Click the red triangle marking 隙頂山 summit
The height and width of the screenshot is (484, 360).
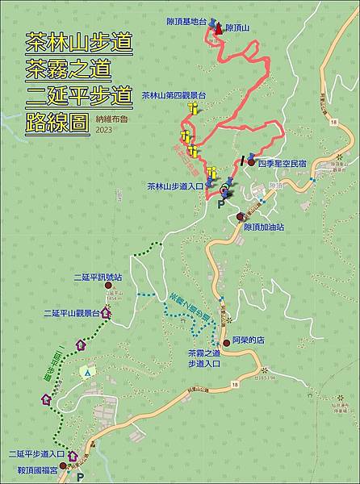click(x=218, y=28)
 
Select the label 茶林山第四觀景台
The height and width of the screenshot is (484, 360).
click(x=174, y=95)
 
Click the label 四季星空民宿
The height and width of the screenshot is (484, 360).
click(x=282, y=163)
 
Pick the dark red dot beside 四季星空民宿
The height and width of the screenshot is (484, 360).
click(x=251, y=163)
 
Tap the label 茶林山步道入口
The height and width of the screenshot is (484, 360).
click(x=174, y=186)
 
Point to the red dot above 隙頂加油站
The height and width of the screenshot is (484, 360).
click(x=241, y=216)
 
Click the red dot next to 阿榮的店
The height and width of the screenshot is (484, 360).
click(x=226, y=342)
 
